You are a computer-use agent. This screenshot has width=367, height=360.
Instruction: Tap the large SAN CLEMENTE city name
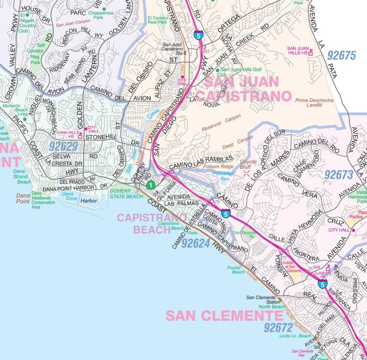(224, 316)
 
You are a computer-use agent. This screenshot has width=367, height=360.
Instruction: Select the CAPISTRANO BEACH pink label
(152, 223)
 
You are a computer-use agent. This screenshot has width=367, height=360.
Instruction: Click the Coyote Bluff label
(248, 165)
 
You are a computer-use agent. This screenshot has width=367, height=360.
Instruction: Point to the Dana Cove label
(67, 196)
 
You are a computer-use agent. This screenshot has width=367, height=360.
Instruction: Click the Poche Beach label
(238, 270)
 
